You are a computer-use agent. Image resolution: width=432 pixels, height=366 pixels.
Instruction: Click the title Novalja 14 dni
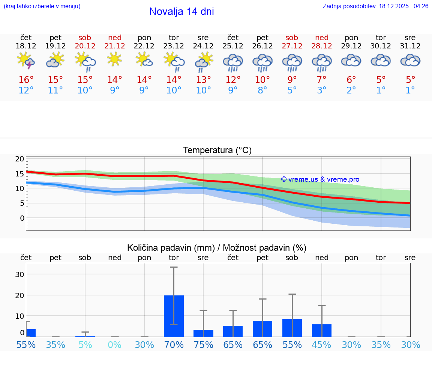coord(181,12)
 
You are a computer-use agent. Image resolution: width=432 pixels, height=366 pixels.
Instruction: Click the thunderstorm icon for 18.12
coord(26,61)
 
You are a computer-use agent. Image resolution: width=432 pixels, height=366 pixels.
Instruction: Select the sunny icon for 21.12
coord(114,59)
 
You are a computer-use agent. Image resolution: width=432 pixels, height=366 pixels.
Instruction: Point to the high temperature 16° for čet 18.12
coord(26,80)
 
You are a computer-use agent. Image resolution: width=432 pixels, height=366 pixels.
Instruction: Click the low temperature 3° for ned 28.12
coord(322,90)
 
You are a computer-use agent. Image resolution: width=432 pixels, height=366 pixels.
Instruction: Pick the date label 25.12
coord(233,46)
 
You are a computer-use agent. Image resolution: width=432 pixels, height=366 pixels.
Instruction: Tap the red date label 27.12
coord(292,46)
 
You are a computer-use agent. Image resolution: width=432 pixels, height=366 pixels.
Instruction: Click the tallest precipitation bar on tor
coord(174,316)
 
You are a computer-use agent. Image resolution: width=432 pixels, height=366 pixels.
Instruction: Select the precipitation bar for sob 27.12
coord(292,328)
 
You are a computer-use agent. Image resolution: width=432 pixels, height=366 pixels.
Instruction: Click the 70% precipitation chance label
coord(174,345)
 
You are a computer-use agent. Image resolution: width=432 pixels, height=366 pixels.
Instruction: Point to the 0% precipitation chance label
coord(115,345)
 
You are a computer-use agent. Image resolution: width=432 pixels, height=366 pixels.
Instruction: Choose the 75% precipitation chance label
coord(203,345)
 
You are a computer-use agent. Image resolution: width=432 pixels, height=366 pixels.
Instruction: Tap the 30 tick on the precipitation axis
coord(19,274)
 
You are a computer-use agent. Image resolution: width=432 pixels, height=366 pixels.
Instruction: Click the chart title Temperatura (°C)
coord(217,151)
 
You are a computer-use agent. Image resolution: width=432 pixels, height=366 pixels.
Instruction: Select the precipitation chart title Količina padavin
coord(217,248)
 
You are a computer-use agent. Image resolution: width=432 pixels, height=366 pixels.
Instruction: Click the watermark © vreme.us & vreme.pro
coord(320,179)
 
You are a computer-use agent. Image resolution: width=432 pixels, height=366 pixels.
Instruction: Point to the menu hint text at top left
coord(42,6)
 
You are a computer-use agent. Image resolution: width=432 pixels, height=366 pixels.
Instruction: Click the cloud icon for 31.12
coord(410,60)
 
